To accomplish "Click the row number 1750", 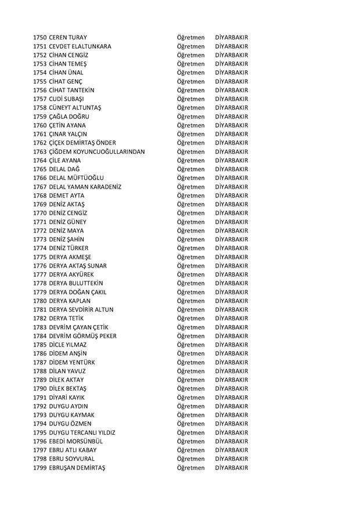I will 40,37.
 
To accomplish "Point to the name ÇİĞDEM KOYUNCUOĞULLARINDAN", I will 98,151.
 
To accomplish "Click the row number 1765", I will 40,169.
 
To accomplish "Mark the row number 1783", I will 40,327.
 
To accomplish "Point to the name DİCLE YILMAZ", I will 70,345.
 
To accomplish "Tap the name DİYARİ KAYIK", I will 69,398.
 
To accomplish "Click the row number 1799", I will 40,468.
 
